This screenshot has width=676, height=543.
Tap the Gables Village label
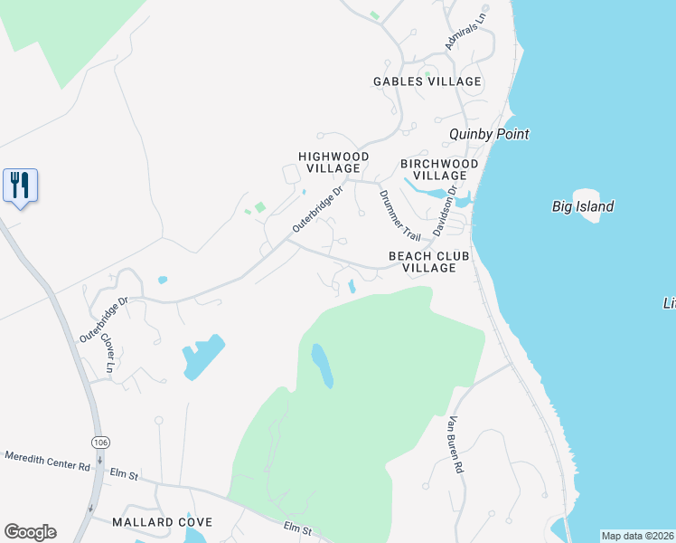click(427, 81)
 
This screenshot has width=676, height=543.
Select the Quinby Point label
click(489, 134)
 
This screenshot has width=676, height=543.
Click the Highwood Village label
click(333, 162)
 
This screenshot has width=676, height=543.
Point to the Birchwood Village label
click(439, 169)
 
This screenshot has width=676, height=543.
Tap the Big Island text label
click(583, 206)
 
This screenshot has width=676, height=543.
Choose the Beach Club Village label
click(429, 262)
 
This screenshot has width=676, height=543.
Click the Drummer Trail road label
click(399, 214)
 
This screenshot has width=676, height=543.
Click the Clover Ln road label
click(108, 353)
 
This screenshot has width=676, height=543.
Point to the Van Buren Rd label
click(455, 445)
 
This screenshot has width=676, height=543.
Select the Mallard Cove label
click(163, 522)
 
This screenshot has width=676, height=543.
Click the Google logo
click(30, 532)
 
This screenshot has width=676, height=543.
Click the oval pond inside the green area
click(323, 365)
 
